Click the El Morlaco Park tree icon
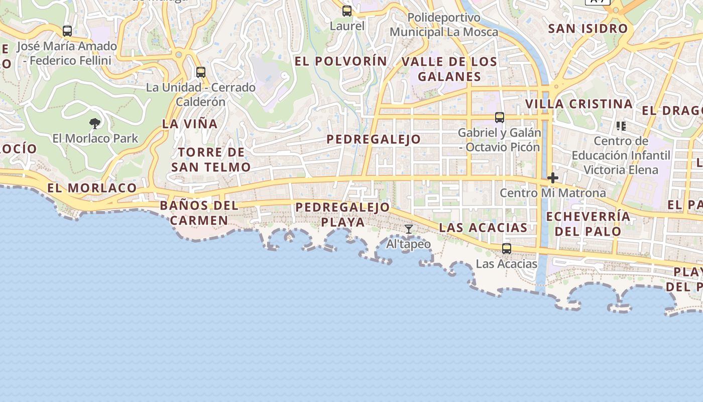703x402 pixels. (95, 123)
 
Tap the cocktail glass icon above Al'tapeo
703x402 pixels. (409, 229)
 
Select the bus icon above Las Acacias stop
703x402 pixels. (506, 248)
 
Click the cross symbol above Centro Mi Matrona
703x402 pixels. (553, 178)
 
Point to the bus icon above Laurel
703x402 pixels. (347, 11)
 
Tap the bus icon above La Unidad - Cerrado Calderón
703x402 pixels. (201, 72)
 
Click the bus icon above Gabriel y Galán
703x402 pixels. (499, 117)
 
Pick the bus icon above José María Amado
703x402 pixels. (67, 31)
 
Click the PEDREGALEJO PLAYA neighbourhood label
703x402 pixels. (342, 214)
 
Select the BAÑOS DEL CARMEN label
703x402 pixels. (199, 213)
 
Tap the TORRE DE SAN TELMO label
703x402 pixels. (211, 159)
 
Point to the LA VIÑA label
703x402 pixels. (190, 124)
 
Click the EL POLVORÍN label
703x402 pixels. (340, 61)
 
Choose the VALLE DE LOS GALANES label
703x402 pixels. (449, 69)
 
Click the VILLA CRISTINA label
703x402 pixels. (578, 104)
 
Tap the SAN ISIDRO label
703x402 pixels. (588, 29)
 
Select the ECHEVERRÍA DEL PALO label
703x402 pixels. (588, 224)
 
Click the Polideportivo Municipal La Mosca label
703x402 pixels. (444, 25)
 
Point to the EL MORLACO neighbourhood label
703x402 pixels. (92, 188)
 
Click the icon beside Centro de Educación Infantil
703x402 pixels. (621, 126)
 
